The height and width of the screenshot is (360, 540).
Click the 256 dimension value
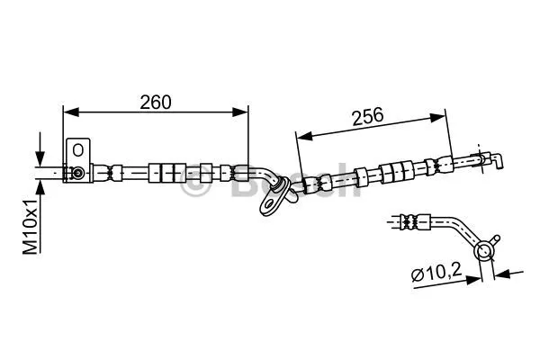point(367,115)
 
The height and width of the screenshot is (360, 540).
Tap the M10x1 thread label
point(30,225)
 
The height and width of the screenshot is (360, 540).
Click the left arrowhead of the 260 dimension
point(67,112)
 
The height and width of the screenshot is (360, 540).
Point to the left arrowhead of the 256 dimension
point(302,136)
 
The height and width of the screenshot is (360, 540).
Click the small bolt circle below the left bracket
point(78,172)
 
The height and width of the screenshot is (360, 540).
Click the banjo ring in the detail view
point(485,250)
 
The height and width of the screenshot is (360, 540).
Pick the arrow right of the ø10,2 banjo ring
point(502,271)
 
